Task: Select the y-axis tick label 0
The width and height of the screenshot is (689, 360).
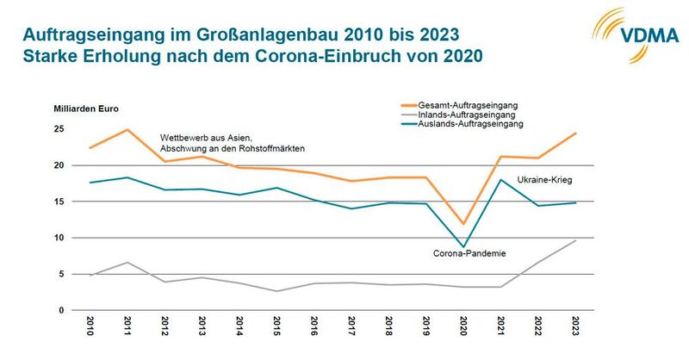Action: (x=61, y=310)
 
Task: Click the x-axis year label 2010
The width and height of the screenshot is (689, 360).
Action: (x=90, y=328)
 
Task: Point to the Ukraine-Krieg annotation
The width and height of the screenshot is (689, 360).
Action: (x=544, y=180)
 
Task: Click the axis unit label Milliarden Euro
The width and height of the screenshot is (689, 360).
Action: (x=88, y=109)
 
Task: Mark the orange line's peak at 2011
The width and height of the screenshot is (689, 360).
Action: (x=127, y=130)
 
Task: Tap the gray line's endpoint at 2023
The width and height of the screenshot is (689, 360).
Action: (x=574, y=240)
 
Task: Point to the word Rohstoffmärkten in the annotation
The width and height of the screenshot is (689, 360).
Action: (x=266, y=148)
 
